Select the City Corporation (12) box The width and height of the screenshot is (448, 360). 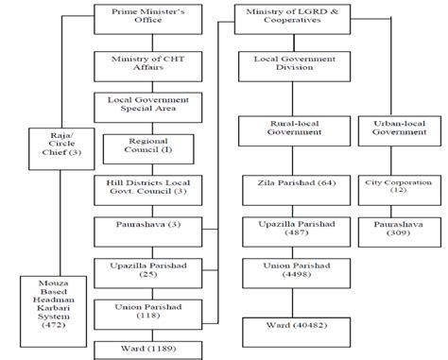pos(396,186)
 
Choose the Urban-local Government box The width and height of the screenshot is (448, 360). pos(396,129)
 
